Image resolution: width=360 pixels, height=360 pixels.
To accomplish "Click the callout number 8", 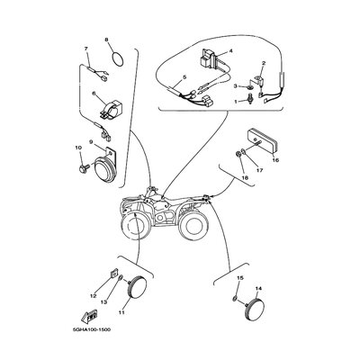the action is [x=106, y=40].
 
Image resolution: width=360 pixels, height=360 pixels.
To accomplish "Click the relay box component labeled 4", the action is [x=210, y=58].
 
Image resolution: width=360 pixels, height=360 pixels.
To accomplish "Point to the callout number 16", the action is [x=275, y=160].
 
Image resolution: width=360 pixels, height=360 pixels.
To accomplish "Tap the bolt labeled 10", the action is [x=83, y=168].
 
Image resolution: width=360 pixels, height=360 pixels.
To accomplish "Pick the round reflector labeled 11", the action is [x=138, y=285].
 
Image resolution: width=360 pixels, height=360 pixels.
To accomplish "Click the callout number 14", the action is [x=258, y=288].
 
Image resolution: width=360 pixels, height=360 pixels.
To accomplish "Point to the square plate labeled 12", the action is [x=113, y=274].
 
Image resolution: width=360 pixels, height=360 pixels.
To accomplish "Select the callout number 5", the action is [x=184, y=77].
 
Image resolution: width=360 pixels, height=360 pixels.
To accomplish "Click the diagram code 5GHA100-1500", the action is [x=91, y=329].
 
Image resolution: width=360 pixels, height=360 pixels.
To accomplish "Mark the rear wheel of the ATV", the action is [x=193, y=226].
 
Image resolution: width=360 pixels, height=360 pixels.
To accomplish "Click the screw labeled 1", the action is [x=249, y=99].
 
